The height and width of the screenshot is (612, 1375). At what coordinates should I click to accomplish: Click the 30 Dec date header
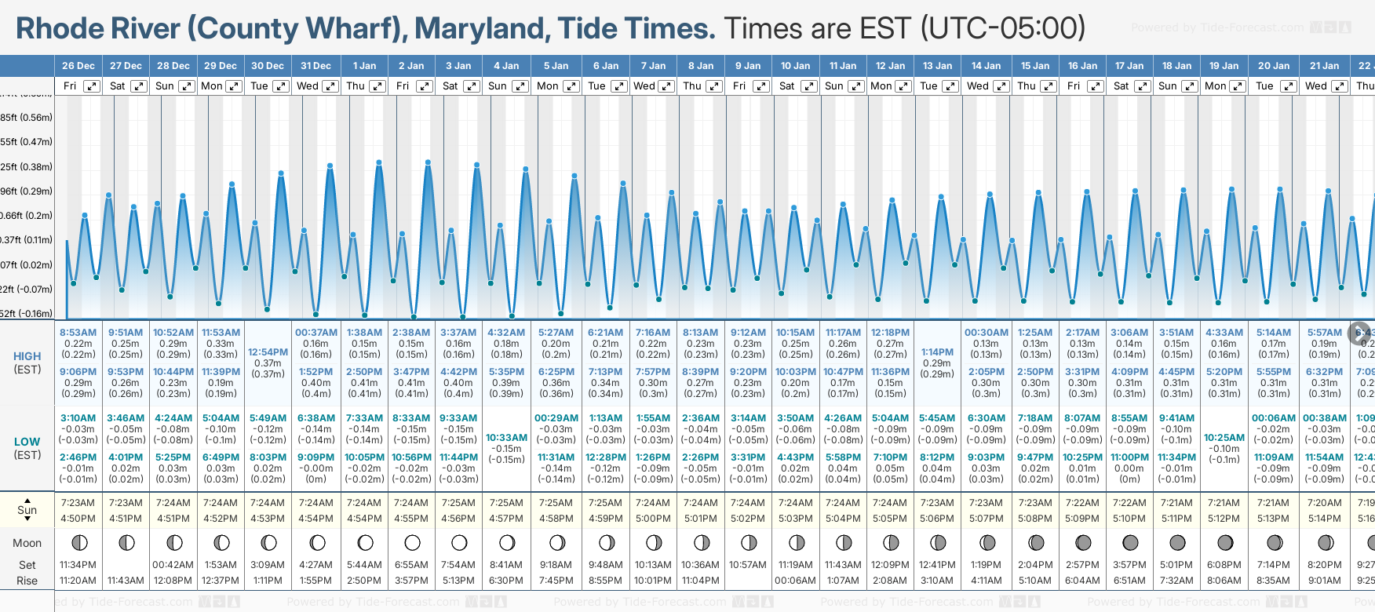[268, 66]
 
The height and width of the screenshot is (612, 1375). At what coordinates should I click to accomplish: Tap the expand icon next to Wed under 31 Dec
[330, 86]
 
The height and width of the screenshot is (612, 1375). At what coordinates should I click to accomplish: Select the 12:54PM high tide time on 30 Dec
[268, 352]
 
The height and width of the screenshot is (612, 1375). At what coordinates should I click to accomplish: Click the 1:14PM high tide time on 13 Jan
[937, 352]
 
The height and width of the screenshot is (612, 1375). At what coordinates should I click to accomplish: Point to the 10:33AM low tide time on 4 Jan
[506, 438]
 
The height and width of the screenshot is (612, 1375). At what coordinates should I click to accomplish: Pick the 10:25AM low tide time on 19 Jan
[1224, 438]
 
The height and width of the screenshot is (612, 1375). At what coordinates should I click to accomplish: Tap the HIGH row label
[27, 356]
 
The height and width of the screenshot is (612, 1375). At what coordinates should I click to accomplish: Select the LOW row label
[27, 442]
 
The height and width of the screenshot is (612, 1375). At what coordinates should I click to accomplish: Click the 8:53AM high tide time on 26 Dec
[78, 333]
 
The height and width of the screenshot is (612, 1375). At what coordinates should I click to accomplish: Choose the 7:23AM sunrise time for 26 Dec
[78, 503]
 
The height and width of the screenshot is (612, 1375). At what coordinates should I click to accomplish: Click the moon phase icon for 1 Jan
[365, 542]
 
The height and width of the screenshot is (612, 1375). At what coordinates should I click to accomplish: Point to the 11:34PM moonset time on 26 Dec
[78, 565]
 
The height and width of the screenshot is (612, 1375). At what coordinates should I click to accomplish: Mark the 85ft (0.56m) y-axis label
[26, 118]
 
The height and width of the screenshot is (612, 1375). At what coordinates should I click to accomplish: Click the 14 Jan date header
[986, 66]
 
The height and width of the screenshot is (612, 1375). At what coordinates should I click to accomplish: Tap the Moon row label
[27, 543]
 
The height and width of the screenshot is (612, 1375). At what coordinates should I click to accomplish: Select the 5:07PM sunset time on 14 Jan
[986, 519]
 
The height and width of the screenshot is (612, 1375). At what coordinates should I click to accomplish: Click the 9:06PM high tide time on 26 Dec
[78, 372]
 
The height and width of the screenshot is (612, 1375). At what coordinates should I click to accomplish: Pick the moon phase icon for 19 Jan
[1224, 542]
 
